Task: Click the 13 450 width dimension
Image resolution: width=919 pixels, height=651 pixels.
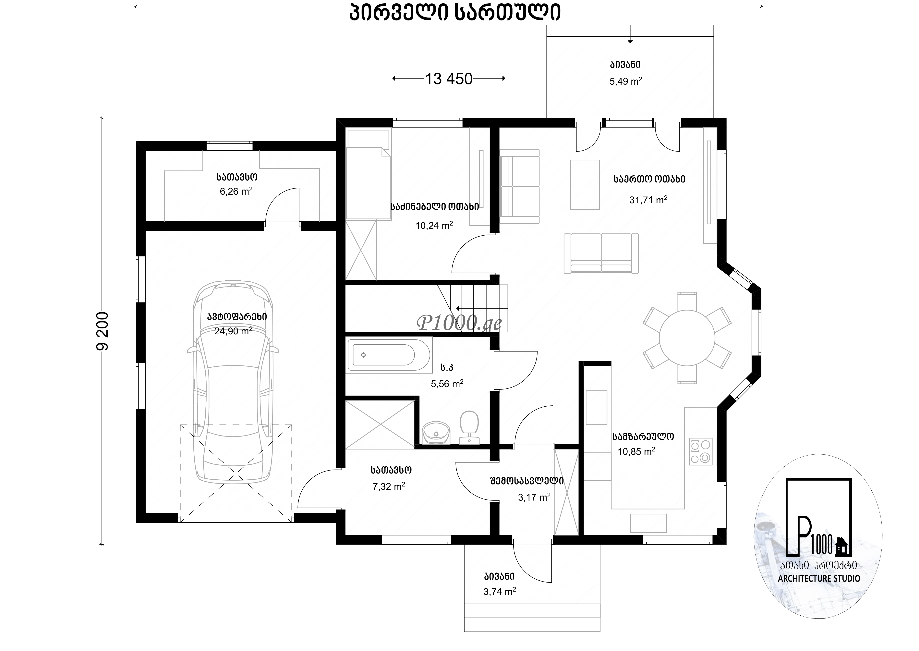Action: tap(449, 79)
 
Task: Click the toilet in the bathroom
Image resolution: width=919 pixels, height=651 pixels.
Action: tap(469, 427)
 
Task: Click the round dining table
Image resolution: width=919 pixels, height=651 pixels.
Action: tap(687, 338)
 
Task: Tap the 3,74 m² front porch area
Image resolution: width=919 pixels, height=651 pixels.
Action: tap(499, 591)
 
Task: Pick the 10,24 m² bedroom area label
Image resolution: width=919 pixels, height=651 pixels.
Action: tap(434, 225)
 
